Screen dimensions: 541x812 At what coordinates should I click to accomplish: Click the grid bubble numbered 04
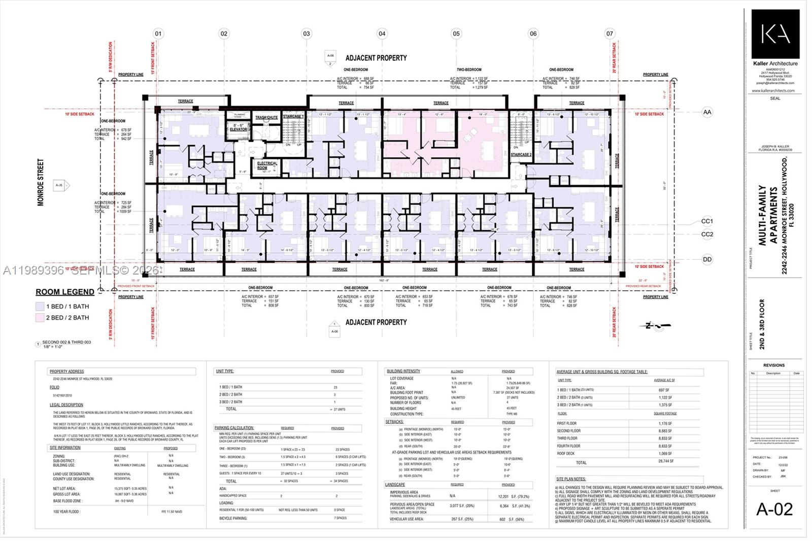point(382,33)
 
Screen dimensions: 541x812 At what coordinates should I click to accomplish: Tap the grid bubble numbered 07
point(610,33)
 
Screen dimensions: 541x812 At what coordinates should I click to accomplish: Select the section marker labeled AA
point(707,112)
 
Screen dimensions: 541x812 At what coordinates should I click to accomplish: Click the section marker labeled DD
point(707,259)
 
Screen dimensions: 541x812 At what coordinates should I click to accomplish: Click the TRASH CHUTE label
point(266,117)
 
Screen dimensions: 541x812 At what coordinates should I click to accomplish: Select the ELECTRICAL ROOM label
point(267,165)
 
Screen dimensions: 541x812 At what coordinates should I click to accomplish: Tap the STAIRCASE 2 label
point(521,155)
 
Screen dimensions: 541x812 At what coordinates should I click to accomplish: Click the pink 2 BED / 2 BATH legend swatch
point(40,318)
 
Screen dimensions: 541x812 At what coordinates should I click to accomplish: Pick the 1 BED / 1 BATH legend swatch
point(40,307)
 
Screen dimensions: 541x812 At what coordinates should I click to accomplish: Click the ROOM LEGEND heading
point(65,292)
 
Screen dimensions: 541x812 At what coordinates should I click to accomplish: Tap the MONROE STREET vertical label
point(41,182)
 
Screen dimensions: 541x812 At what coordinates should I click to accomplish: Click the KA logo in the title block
point(775,34)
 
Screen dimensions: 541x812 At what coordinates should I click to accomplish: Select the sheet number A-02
point(774,509)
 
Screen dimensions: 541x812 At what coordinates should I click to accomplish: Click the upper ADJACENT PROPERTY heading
point(376,58)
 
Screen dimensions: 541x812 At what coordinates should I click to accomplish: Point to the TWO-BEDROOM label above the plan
point(468,70)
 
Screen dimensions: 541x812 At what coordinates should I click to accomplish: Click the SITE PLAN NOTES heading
point(571,479)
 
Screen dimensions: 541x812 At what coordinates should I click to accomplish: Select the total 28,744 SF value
point(666,461)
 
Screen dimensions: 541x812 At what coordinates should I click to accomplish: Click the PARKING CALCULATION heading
point(234,428)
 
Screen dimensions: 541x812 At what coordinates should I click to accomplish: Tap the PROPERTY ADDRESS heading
point(66,371)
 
